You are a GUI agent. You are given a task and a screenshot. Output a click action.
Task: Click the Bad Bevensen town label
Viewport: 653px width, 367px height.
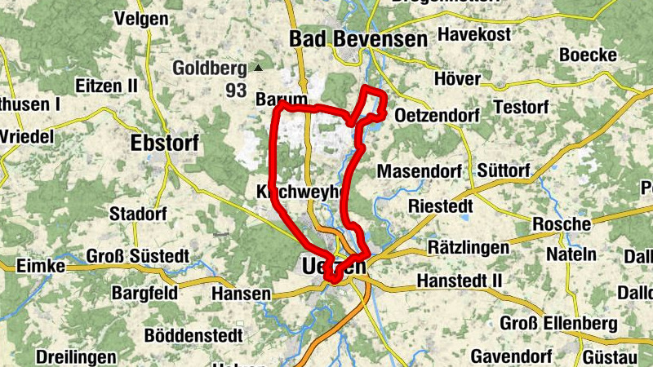pyautogui.click(x=358, y=39)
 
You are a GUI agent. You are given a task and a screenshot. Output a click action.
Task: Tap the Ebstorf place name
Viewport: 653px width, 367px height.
pyautogui.click(x=164, y=143)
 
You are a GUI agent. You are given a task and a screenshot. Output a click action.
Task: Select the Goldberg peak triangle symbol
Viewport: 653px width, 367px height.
pyautogui.click(x=259, y=69)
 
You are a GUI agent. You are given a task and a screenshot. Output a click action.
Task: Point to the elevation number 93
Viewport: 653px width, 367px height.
pyautogui.click(x=236, y=90)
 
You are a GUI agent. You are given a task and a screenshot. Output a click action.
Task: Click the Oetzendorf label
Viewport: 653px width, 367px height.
pyautogui.click(x=436, y=117)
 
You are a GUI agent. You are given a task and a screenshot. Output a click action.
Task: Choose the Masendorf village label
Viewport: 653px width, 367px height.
pyautogui.click(x=420, y=171)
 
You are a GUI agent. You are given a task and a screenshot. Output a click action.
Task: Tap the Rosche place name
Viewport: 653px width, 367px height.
pyautogui.click(x=561, y=224)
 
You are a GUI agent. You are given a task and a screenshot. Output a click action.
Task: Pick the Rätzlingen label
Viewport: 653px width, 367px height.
pyautogui.click(x=469, y=246)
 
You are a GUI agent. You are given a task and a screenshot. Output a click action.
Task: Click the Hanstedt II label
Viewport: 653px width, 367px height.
pyautogui.click(x=458, y=281)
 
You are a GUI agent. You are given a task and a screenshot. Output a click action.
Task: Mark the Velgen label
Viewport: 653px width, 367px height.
pyautogui.click(x=141, y=18)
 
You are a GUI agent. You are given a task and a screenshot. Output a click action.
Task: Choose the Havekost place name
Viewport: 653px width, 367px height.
pyautogui.click(x=474, y=34)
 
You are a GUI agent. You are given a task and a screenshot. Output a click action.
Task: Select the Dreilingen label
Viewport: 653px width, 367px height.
pyautogui.click(x=76, y=356)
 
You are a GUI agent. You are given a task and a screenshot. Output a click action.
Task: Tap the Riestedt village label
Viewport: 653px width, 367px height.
pyautogui.click(x=441, y=206)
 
